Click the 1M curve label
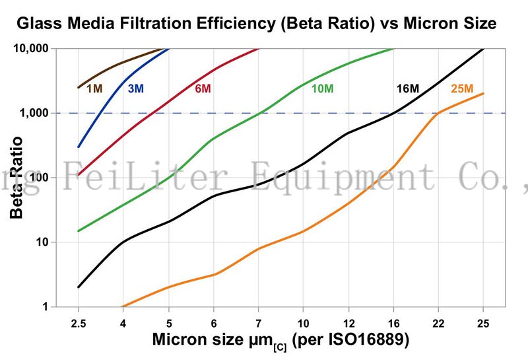[94, 88]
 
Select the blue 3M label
[135, 88]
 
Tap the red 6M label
[203, 88]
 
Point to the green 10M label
[321, 88]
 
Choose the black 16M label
[407, 88]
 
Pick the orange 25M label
[462, 88]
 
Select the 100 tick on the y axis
[38, 178]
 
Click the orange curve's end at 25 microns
[484, 93]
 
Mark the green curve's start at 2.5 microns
[79, 231]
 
